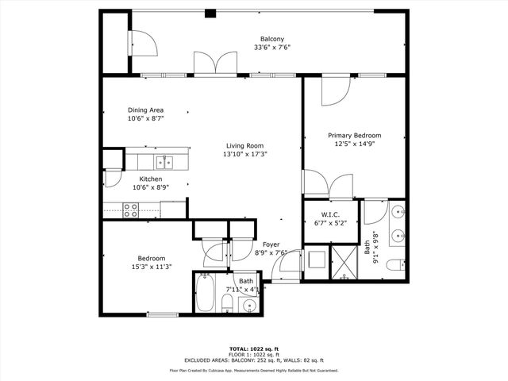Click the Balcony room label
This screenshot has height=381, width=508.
(272, 39)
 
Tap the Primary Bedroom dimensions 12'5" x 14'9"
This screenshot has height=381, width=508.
(355, 144)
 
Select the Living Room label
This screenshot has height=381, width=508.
(244, 145)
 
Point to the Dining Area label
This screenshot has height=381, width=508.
(147, 110)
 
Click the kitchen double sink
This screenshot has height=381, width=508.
(165, 162)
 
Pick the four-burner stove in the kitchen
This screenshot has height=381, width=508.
(131, 210)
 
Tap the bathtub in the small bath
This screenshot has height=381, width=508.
(205, 294)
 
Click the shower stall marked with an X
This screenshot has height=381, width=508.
(345, 263)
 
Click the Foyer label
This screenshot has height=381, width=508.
(271, 244)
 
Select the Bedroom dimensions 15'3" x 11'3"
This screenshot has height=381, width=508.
(151, 267)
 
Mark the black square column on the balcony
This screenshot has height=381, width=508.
(210, 13)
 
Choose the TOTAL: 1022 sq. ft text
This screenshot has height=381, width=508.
(253, 348)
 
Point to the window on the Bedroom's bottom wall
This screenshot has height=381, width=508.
(161, 315)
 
